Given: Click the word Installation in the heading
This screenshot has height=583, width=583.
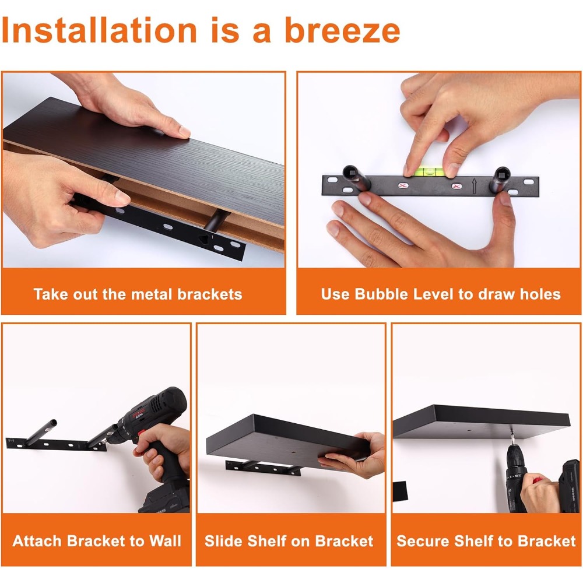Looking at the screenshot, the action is pyautogui.click(x=99, y=30).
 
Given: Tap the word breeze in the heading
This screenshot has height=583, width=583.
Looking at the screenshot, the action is pyautogui.click(x=342, y=30).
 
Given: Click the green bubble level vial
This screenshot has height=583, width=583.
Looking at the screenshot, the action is pyautogui.click(x=430, y=172).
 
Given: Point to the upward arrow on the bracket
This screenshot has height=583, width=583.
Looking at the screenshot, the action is pyautogui.click(x=474, y=186).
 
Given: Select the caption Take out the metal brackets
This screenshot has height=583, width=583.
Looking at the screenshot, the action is pyautogui.click(x=138, y=294).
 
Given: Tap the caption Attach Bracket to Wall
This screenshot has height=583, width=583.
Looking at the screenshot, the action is pyautogui.click(x=97, y=540).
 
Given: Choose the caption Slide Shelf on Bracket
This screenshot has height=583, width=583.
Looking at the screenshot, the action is pyautogui.click(x=289, y=540).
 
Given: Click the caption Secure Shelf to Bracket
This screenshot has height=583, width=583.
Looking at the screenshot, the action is pyautogui.click(x=486, y=540).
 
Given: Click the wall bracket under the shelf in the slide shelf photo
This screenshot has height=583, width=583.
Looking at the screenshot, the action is pyautogui.click(x=264, y=468).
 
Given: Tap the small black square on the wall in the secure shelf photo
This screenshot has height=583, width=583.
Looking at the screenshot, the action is pyautogui.click(x=400, y=491).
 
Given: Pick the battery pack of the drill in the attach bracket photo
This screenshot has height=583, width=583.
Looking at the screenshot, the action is pyautogui.click(x=164, y=494).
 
